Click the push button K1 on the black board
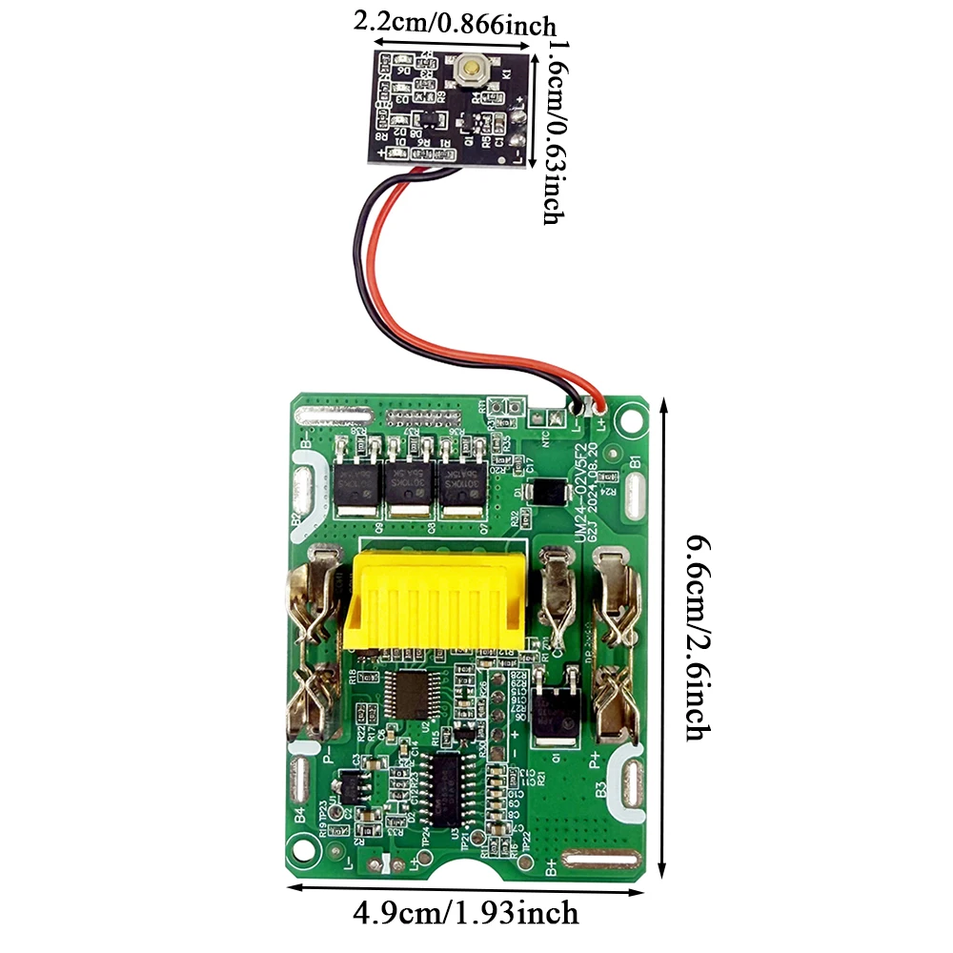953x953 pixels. (470, 70)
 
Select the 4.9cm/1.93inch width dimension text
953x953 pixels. (466, 912)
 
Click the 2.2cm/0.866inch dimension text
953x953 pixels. (456, 20)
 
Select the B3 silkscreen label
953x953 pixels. (600, 790)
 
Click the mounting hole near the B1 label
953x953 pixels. (630, 416)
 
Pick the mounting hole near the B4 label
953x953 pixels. (304, 845)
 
